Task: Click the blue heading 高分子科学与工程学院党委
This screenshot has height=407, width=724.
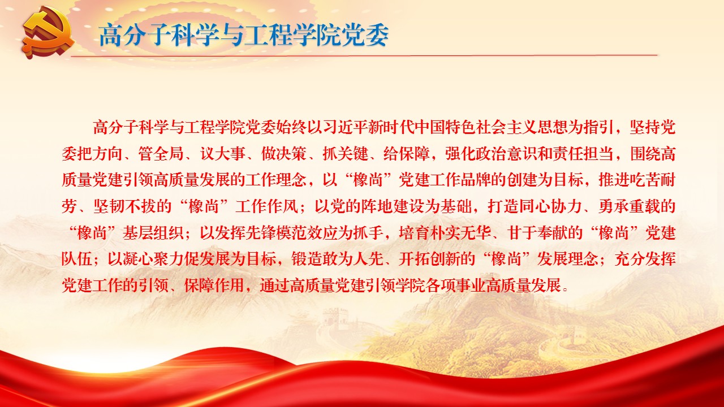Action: coord(244,35)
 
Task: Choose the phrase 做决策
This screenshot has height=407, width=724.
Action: coord(284,153)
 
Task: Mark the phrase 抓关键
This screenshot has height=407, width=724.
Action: coord(345,153)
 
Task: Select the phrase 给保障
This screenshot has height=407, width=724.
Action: coord(407,153)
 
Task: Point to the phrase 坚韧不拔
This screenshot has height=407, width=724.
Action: coord(124,206)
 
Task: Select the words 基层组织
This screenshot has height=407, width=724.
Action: coord(153,232)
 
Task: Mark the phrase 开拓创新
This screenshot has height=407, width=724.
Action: coord(429,259)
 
